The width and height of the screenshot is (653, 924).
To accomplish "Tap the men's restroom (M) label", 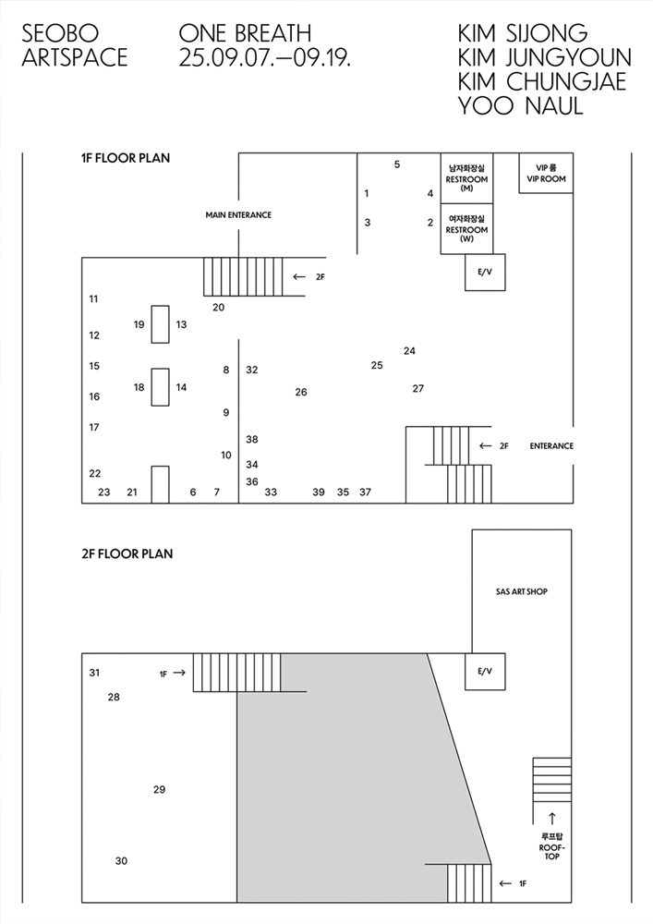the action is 467,178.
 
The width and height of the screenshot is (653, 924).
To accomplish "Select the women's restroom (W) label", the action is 467,228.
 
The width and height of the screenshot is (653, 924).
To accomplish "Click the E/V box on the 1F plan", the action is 485,273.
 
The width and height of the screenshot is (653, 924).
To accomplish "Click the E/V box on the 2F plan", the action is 485,671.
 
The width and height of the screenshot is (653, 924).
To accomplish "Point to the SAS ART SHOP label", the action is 522,591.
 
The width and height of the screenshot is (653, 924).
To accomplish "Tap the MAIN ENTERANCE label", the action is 238,215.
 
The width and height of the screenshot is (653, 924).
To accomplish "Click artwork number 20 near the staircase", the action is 219,307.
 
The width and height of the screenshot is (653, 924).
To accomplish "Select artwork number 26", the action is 301,392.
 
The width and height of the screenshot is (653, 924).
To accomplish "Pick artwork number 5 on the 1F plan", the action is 397,164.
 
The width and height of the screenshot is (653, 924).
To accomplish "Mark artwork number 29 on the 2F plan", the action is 160,790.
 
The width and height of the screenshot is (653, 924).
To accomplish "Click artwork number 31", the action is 94,673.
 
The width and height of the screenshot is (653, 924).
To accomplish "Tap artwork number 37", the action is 365,492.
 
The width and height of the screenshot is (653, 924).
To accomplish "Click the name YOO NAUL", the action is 521,106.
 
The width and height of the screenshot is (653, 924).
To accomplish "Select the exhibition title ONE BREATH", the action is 245,33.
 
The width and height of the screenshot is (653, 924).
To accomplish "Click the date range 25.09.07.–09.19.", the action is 265,57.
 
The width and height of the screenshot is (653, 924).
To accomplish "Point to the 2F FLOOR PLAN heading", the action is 127,553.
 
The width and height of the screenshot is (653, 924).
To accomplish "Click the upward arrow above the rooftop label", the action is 551,819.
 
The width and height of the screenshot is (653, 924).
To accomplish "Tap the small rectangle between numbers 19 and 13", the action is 160,324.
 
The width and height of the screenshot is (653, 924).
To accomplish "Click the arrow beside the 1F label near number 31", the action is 179,673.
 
